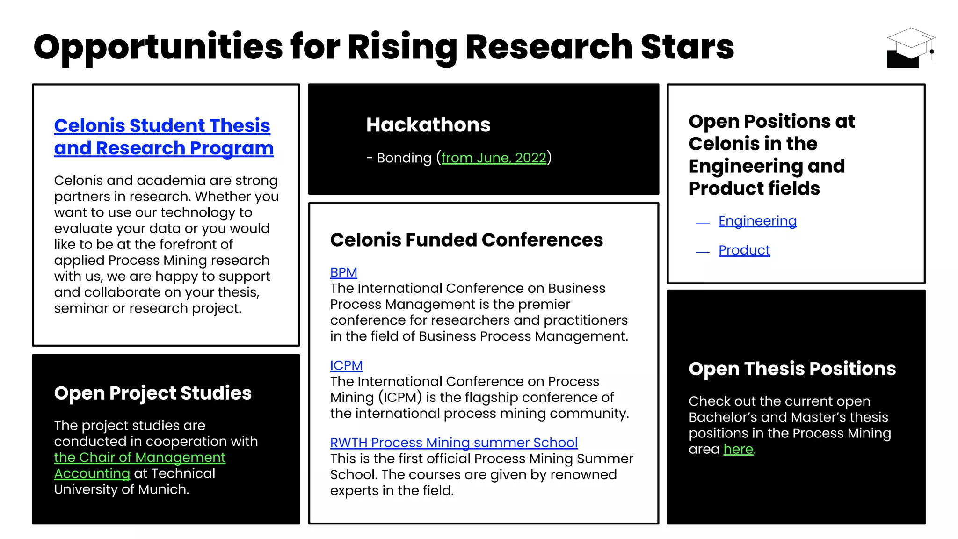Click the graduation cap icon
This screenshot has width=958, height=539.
[910, 48]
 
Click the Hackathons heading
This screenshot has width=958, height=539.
[428, 125]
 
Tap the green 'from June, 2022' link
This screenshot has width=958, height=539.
[494, 158]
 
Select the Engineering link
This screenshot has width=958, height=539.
[757, 221]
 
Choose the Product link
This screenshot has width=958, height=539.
[744, 250]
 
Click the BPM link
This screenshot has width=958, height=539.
[343, 272]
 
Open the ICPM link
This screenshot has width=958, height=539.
[346, 365]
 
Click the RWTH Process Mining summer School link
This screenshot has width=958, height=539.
[454, 443]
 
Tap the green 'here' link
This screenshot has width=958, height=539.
[738, 449]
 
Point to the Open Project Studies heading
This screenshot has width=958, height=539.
[152, 393]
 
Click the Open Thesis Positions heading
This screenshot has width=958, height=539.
[792, 369]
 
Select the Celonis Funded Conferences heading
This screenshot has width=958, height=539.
[466, 240]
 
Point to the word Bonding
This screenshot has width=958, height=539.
[404, 158]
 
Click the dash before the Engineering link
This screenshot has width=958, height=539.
[703, 223]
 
